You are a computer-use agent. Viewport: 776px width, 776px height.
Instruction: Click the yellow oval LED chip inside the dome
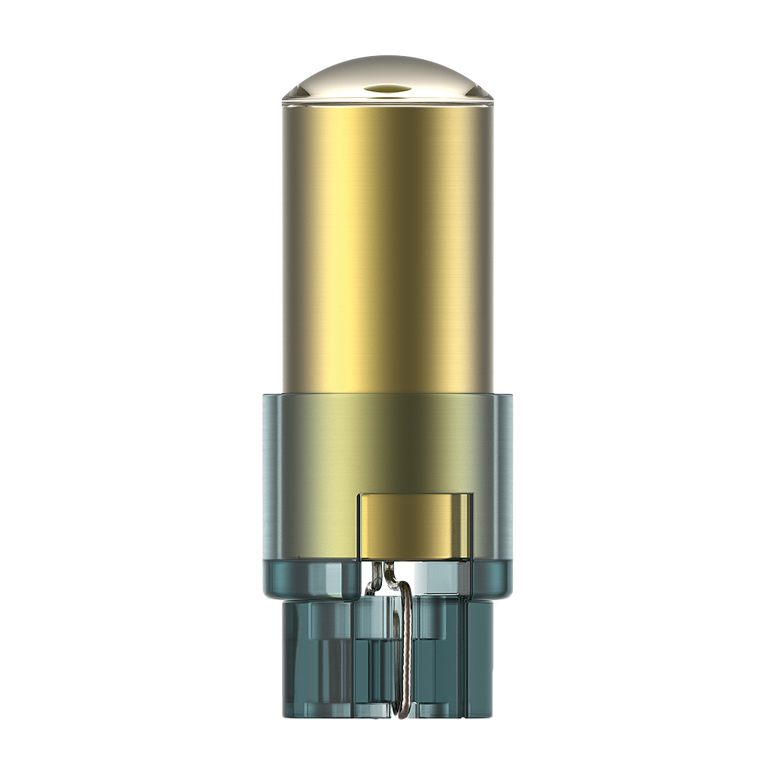(387, 89)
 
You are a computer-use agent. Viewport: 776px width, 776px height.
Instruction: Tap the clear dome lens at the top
(387, 72)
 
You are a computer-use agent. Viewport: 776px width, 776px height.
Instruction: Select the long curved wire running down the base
(407, 644)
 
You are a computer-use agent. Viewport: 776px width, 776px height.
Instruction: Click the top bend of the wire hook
(405, 586)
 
